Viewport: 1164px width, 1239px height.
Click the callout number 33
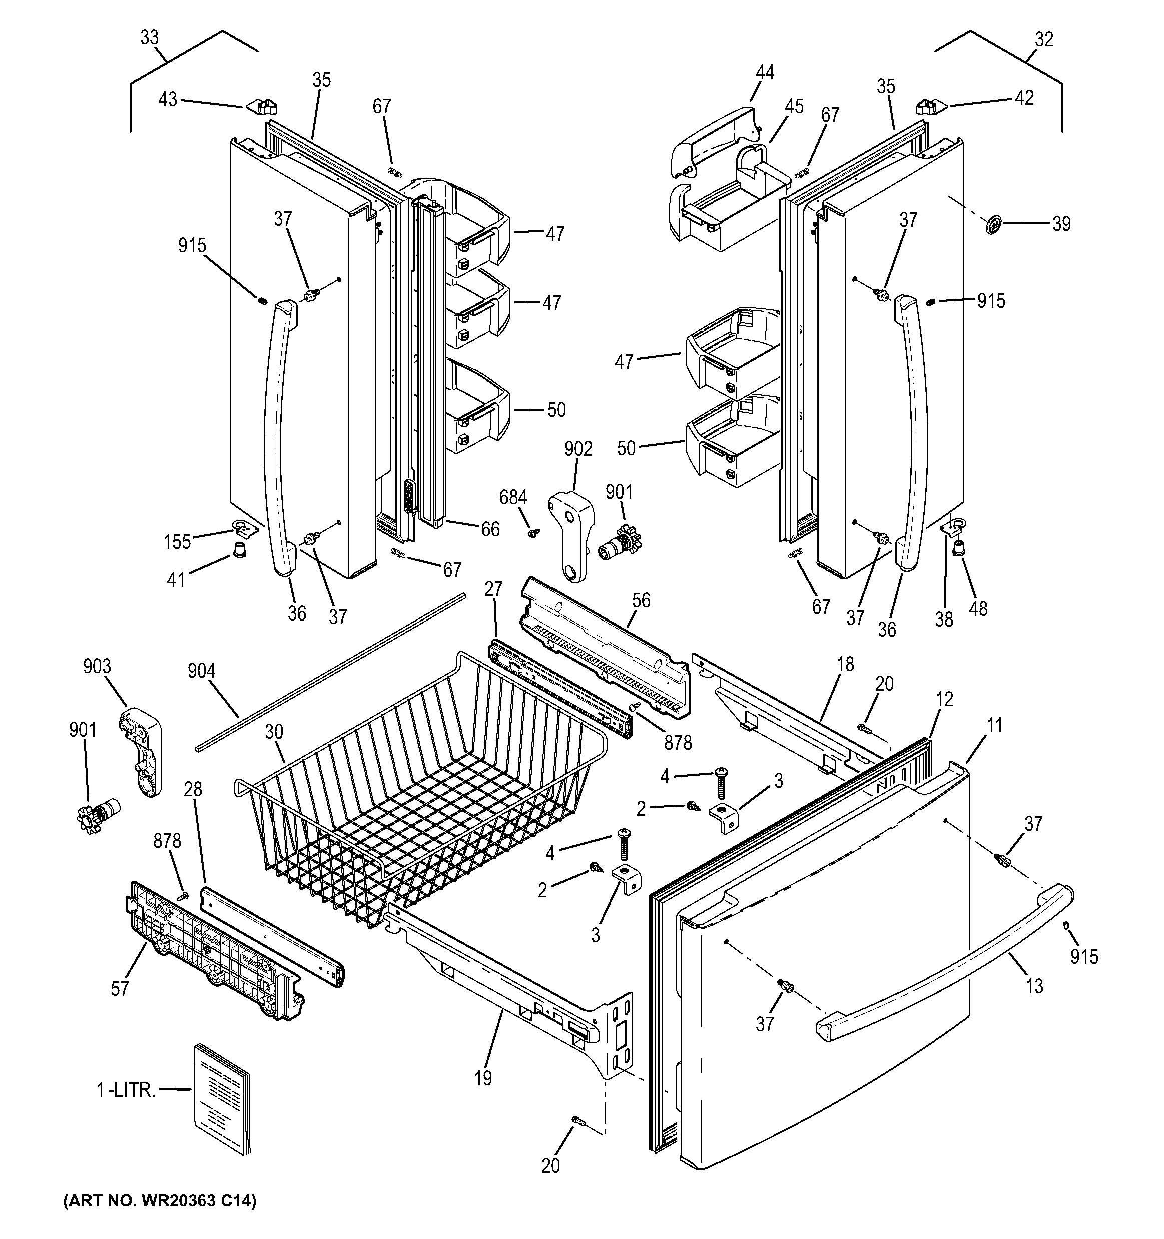[x=149, y=38]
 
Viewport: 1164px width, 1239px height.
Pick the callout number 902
[x=578, y=449]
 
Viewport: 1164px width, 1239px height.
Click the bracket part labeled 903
[x=142, y=752]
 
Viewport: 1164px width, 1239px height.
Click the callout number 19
[x=483, y=1078]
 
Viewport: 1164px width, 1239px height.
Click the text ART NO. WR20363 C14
[x=160, y=1200]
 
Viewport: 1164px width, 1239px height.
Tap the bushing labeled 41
[x=239, y=550]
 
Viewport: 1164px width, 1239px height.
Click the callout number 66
[x=490, y=529]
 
